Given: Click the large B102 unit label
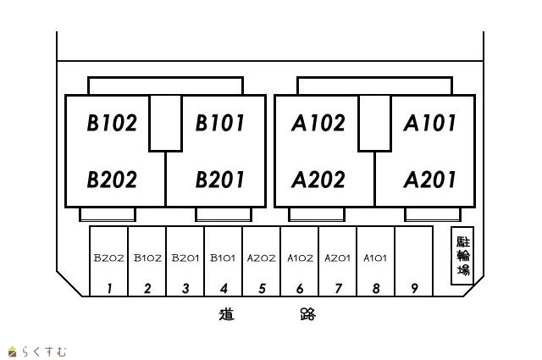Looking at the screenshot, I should click(x=112, y=124).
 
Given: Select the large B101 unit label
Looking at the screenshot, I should click(x=220, y=124).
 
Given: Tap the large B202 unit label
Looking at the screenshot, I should click(x=112, y=180).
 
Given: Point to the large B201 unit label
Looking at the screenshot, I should click(x=220, y=180).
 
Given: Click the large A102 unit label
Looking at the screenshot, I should click(x=318, y=124).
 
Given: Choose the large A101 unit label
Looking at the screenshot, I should click(x=429, y=124).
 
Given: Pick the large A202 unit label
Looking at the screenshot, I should click(x=318, y=180).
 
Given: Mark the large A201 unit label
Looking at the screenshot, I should click(x=429, y=180).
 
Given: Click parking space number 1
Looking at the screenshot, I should click(x=109, y=288).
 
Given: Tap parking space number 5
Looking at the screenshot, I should click(x=262, y=288).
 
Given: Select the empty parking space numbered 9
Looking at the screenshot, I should click(x=414, y=288).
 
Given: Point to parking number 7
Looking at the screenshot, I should click(x=338, y=288).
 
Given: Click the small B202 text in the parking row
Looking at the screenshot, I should click(x=109, y=258).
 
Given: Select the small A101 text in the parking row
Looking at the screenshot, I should click(x=375, y=258).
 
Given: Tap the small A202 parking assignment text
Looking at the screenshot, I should click(x=261, y=258).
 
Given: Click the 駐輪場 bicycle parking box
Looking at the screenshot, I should click(x=462, y=256).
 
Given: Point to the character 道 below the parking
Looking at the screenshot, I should click(x=226, y=315).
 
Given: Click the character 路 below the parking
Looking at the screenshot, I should click(x=307, y=315).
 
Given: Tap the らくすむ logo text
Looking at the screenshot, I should click(x=43, y=351).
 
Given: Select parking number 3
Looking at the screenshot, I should click(x=185, y=288).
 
